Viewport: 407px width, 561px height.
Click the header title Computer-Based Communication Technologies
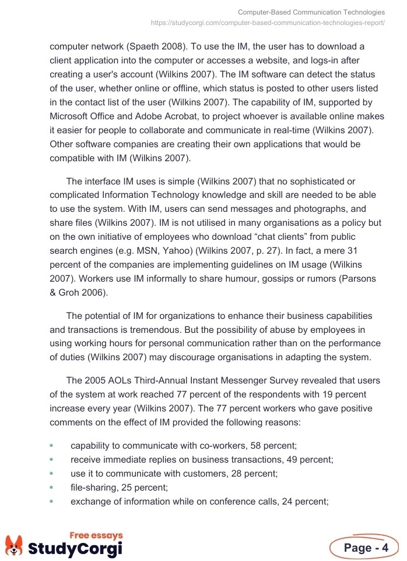(x=311, y=12)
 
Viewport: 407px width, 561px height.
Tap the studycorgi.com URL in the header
(x=268, y=23)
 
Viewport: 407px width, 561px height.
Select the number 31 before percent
(x=369, y=251)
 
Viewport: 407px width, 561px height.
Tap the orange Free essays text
(x=96, y=535)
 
